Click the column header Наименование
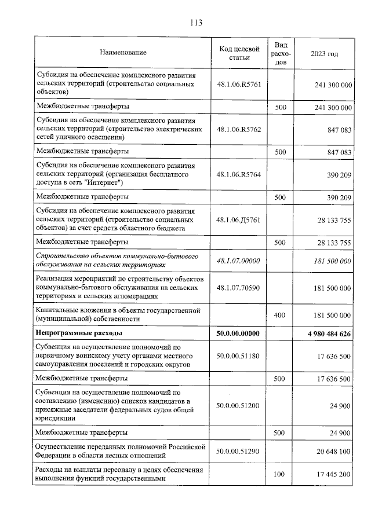point(123,53)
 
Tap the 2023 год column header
point(324,53)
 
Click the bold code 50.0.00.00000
point(237,334)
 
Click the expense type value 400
point(281,315)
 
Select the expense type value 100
point(281,474)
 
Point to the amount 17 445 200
point(330,474)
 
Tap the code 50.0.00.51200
point(237,405)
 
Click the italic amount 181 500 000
point(330,261)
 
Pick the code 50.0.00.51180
point(237,356)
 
